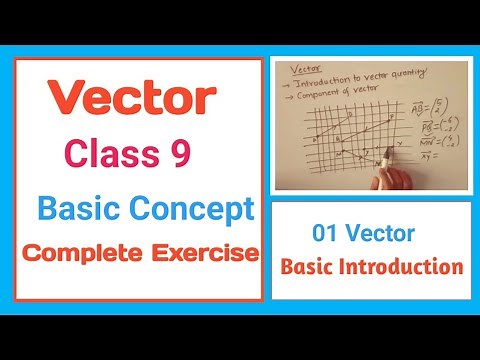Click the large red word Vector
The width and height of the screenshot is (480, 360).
coord(131,99)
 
